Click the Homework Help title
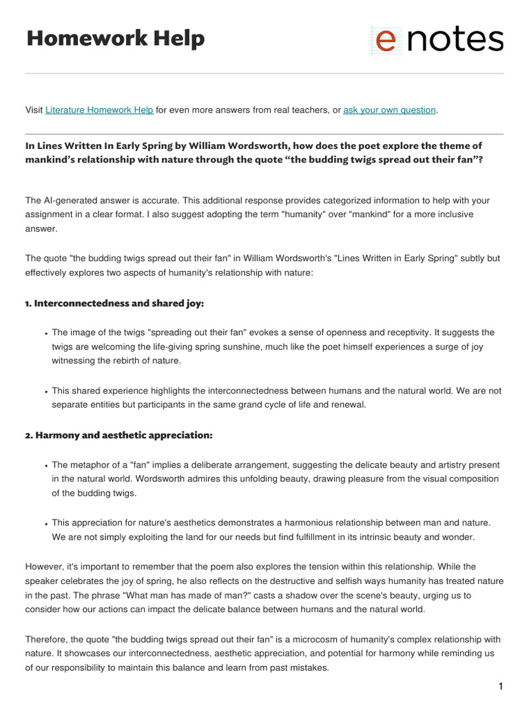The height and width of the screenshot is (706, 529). click(x=115, y=39)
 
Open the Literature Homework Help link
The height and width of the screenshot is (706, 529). click(x=99, y=110)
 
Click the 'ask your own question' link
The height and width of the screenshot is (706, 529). click(x=389, y=110)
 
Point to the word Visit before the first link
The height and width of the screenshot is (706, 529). click(x=34, y=110)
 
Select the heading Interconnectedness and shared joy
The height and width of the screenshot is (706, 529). click(x=114, y=303)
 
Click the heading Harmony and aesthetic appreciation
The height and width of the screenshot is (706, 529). click(x=119, y=435)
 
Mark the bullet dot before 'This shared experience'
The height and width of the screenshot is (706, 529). click(x=45, y=392)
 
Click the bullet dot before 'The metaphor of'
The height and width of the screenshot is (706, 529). click(x=45, y=466)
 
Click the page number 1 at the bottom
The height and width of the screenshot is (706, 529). click(x=501, y=686)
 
